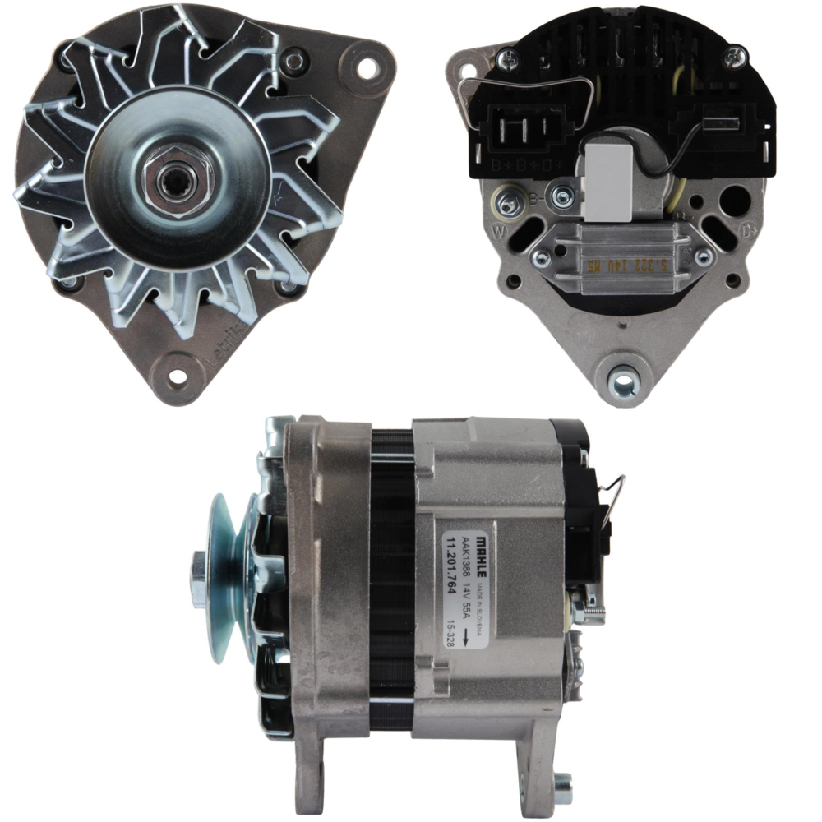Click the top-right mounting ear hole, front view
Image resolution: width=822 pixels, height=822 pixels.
point(366,67)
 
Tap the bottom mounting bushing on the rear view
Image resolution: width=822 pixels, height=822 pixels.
point(624,382)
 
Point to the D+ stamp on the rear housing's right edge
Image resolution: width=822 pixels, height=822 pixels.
point(749,233)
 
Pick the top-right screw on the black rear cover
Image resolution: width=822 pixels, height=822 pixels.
point(735,56)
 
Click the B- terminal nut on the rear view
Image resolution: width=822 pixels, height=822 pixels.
point(564,196)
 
